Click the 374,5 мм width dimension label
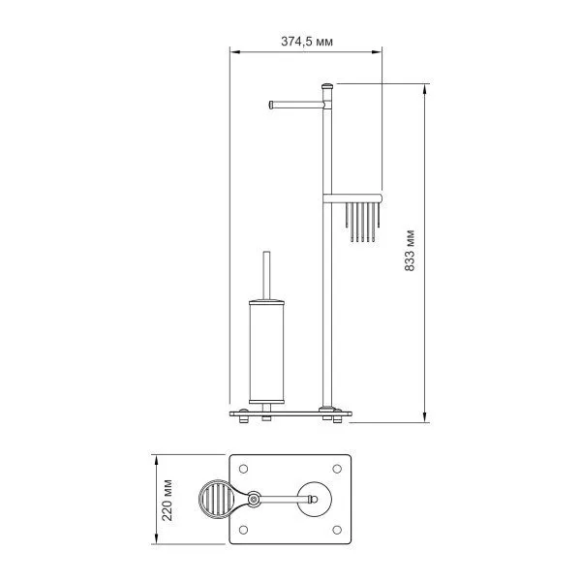click(x=307, y=42)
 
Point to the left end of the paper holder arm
click(x=268, y=102)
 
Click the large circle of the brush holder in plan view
click(x=315, y=500)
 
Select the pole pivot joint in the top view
click(x=254, y=500)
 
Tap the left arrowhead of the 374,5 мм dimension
click(x=233, y=54)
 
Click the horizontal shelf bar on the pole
click(x=353, y=197)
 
